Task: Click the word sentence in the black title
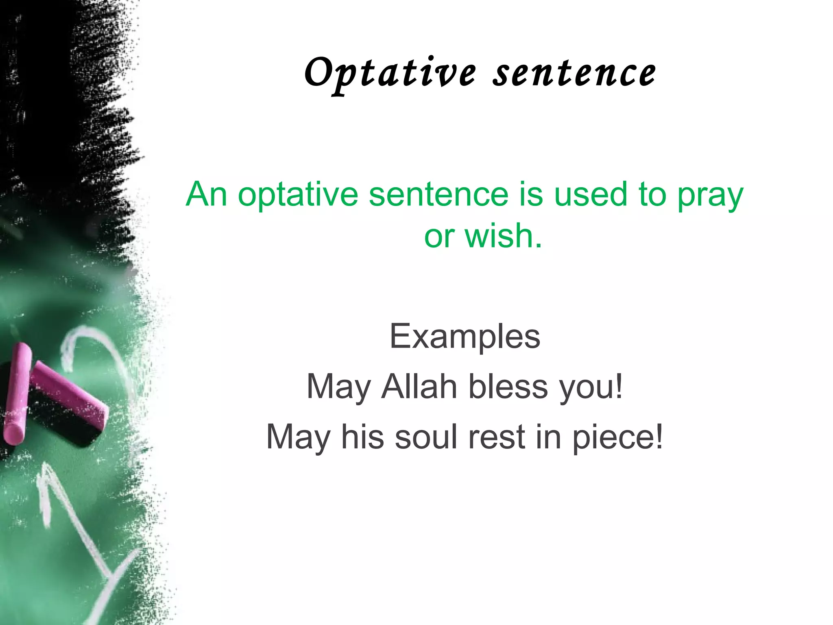pyautogui.click(x=574, y=73)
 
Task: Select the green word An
pyautogui.click(x=206, y=194)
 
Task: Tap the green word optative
pyautogui.click(x=298, y=194)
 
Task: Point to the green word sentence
pyautogui.click(x=438, y=194)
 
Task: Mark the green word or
pyautogui.click(x=439, y=237)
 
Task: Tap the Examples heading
pyautogui.click(x=464, y=337)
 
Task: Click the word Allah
pyautogui.click(x=419, y=387)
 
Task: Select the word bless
pyautogui.click(x=508, y=387)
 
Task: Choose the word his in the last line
pyautogui.click(x=362, y=437)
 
